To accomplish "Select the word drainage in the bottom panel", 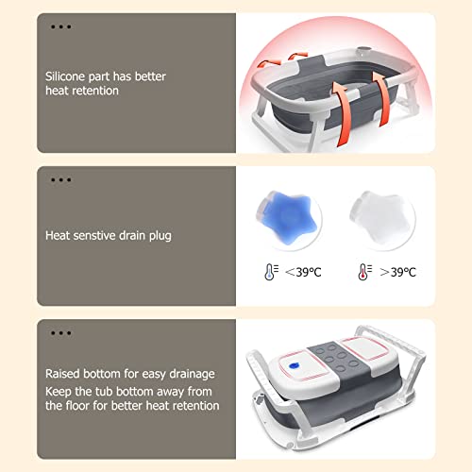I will click(183, 374).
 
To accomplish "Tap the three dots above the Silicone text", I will click(59, 27).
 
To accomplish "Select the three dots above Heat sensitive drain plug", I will click(59, 180).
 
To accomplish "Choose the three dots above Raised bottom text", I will click(59, 333).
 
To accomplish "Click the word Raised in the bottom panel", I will click(65, 374).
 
